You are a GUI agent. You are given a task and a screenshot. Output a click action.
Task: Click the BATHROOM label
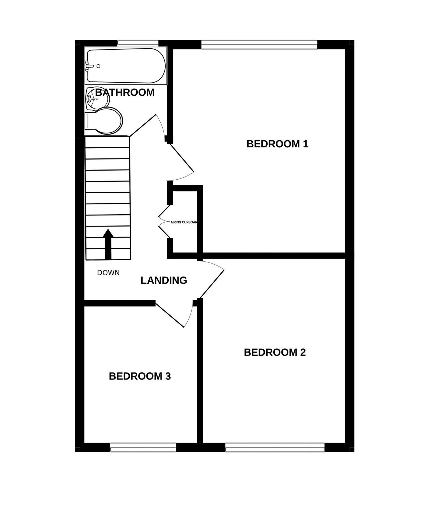[125, 92]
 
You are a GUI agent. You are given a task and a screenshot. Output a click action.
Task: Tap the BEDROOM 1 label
[277, 144]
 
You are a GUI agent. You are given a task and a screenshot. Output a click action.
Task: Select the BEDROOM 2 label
[275, 352]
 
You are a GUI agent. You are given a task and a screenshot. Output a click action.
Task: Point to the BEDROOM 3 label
[140, 376]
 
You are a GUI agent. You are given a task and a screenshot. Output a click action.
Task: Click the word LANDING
[164, 280]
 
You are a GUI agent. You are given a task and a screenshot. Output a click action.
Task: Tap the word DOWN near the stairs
[108, 273]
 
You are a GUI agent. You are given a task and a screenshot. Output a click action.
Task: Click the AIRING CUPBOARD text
[184, 222]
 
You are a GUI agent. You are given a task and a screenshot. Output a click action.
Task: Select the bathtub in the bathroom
[126, 66]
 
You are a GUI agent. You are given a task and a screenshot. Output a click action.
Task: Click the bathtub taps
[89, 66]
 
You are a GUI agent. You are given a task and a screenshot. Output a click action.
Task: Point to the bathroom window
[138, 43]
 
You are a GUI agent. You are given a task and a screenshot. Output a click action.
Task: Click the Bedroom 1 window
[259, 45]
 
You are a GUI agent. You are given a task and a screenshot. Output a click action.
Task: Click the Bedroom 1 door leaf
[182, 158]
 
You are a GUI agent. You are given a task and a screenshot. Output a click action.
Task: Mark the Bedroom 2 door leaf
[212, 284]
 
